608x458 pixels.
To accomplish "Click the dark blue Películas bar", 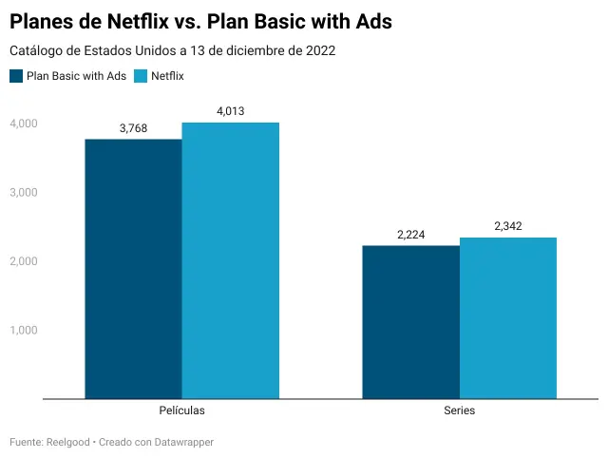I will [133, 269].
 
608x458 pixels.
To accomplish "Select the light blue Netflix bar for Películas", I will [231, 260].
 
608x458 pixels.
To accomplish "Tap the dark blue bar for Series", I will [410, 322].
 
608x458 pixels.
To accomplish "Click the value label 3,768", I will [133, 128].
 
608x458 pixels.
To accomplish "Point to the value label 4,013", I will [231, 111].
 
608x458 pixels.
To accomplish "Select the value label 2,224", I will [410, 235].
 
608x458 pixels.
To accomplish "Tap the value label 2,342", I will [508, 226].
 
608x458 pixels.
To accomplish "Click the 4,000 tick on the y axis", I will [24, 124].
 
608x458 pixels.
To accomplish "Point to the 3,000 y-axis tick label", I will [24, 192].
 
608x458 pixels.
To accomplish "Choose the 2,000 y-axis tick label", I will [24, 261].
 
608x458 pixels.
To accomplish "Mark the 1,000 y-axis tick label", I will [24, 330].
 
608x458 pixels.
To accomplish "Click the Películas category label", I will [181, 411].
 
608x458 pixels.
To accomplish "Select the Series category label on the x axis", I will [459, 411].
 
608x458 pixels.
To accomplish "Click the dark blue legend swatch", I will [16, 76].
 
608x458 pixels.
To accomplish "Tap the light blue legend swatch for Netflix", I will [142, 76].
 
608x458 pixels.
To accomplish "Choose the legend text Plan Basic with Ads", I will [76, 76].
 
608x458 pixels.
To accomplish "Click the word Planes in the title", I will [45, 21].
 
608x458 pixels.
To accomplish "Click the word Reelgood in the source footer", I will [68, 443].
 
